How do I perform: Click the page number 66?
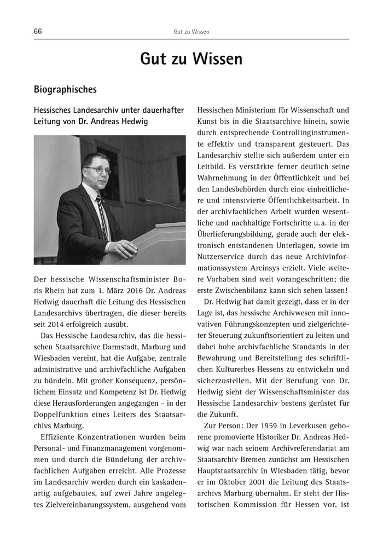click(x=38, y=31)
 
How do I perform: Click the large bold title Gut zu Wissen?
click(x=191, y=59)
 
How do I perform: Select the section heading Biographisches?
click(x=65, y=89)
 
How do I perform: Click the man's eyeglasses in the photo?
click(x=100, y=170)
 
